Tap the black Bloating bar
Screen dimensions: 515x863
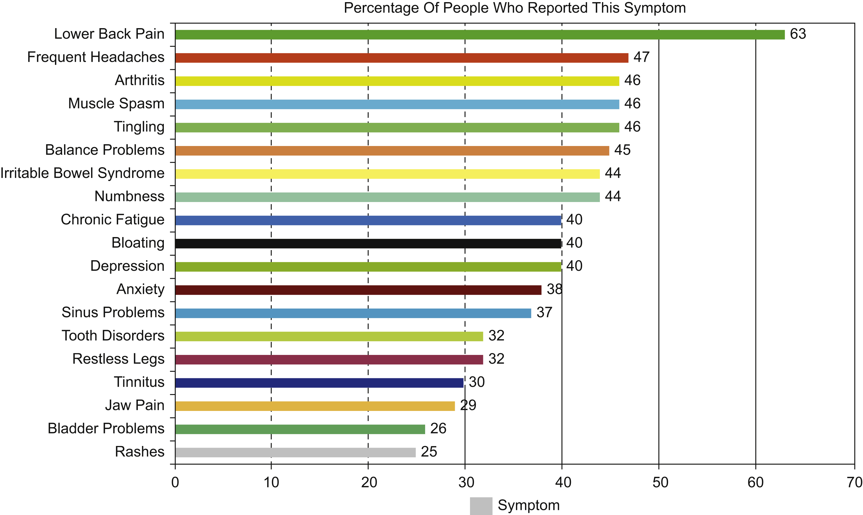pos(368,244)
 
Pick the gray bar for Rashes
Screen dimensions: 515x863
pos(295,453)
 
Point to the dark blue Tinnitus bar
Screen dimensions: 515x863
pos(319,383)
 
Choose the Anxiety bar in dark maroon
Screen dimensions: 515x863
pos(358,290)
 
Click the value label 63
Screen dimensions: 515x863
pos(798,34)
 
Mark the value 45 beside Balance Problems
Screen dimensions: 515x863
pos(622,150)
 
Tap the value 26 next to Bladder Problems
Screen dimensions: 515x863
pos(438,428)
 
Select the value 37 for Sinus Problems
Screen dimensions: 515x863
pos(544,312)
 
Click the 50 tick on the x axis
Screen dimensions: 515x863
pos(660,483)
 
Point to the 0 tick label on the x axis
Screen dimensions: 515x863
pos(175,483)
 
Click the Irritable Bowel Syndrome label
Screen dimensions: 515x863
pos(82,173)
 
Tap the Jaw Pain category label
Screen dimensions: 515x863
pos(135,405)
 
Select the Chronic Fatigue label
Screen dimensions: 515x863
pos(113,220)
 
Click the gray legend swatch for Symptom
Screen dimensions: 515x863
pos(481,506)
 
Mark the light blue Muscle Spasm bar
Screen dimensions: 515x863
pos(397,104)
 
